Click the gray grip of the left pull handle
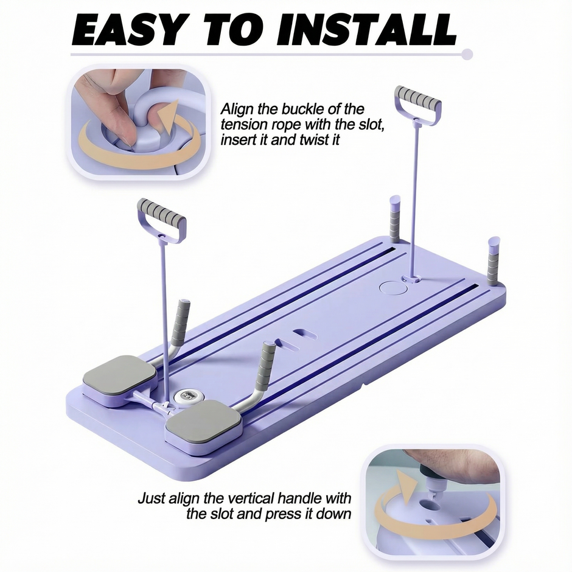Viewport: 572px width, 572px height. point(161,212)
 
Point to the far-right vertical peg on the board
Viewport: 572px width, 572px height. point(493,261)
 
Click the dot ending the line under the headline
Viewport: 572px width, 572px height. point(467,55)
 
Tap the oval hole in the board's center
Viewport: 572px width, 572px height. point(302,334)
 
